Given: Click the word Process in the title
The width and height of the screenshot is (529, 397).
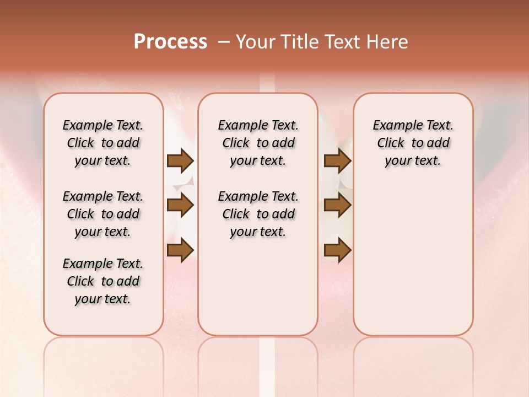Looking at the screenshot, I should click(170, 41).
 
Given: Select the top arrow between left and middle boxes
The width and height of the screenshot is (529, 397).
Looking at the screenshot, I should click(180, 161).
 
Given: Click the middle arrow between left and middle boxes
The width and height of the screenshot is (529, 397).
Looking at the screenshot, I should click(180, 206).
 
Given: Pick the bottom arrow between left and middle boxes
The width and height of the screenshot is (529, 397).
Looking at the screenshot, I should click(180, 250).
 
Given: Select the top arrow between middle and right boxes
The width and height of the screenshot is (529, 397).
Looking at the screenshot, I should click(337, 161).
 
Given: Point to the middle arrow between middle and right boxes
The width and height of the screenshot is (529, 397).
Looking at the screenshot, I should click(337, 206).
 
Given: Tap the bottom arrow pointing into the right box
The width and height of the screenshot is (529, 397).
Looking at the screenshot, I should click(337, 250).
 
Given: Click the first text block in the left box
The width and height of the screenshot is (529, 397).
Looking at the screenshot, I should click(103, 143).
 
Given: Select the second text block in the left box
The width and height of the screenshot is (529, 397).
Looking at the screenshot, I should click(103, 214).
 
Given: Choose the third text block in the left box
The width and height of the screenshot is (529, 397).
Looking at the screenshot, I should click(103, 281).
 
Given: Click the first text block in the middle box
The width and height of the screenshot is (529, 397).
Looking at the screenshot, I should click(258, 143).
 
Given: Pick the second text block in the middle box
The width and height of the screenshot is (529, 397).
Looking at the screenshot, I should click(258, 214).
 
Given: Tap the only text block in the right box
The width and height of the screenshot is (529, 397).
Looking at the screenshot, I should click(413, 143).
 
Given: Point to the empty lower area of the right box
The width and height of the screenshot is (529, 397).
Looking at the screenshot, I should click(413, 259).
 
